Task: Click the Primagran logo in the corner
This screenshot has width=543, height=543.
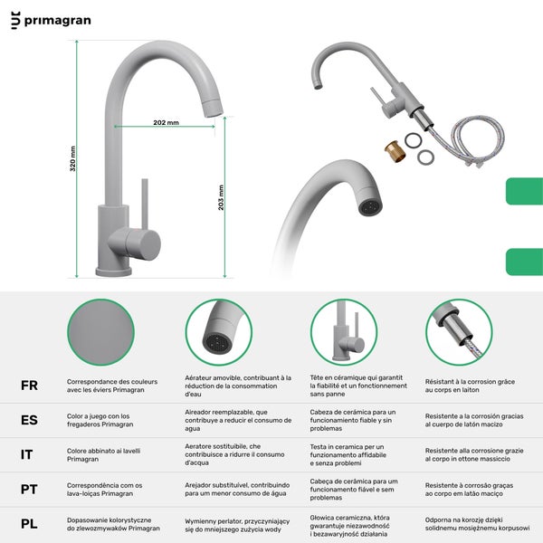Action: click(x=51, y=20)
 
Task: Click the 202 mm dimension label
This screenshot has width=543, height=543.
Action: click(x=167, y=122)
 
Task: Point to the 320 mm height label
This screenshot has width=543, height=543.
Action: click(x=72, y=158)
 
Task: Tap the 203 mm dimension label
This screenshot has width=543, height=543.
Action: click(x=221, y=197)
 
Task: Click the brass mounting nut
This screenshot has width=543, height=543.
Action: click(x=395, y=151)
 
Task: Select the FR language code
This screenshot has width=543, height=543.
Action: click(x=30, y=386)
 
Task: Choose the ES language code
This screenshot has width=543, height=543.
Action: click(x=30, y=420)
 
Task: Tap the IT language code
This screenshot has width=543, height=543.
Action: click(x=26, y=454)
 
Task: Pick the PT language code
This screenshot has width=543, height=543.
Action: click(x=29, y=490)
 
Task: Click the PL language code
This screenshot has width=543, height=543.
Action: click(x=29, y=524)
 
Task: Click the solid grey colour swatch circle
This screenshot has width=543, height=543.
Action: click(x=100, y=332)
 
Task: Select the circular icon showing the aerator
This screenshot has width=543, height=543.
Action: click(x=219, y=332)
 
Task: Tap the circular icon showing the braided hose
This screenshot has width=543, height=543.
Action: click(x=459, y=332)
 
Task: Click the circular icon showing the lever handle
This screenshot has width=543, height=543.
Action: click(x=344, y=332)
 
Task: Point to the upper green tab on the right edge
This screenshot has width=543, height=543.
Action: click(x=524, y=191)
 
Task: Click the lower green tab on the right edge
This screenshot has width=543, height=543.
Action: click(x=524, y=262)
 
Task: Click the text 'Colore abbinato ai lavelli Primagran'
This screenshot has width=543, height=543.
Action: click(x=103, y=454)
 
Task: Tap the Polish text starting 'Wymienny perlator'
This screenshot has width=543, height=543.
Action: click(x=237, y=525)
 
